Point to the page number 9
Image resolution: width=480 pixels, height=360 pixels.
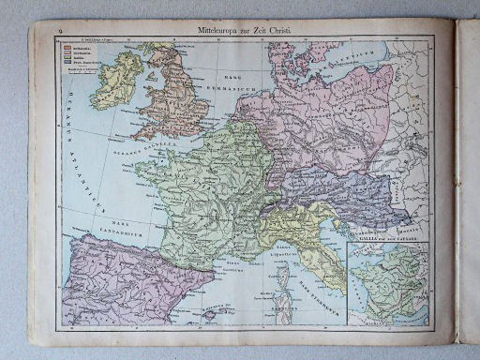click(x=59, y=32)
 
